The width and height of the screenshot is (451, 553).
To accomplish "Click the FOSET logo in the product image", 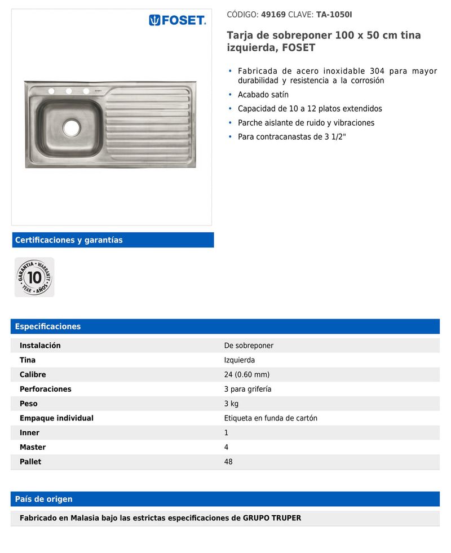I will [x=178, y=21].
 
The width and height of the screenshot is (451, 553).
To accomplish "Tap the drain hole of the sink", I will [x=72, y=128].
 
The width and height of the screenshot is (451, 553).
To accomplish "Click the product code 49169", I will [x=273, y=15].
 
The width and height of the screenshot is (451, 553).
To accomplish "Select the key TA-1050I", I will [x=334, y=15].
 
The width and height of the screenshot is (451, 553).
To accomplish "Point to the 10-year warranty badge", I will [x=34, y=277].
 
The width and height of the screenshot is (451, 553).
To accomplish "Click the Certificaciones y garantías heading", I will [x=69, y=240].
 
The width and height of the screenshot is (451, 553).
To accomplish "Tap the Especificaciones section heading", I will [x=48, y=326].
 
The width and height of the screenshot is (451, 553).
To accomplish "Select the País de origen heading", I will [x=43, y=499].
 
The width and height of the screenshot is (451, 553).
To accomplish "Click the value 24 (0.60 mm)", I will [x=247, y=375].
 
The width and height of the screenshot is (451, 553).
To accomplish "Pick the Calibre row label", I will [x=33, y=375].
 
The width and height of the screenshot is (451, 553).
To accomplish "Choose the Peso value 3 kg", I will [x=232, y=404].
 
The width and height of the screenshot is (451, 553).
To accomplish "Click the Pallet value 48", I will [x=228, y=462].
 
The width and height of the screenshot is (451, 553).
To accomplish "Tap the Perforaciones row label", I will [x=46, y=389].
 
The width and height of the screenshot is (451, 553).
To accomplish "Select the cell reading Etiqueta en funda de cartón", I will [x=271, y=418].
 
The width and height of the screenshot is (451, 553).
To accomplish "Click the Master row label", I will [x=33, y=447].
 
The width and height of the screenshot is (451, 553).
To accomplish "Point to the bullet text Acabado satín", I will [x=263, y=95].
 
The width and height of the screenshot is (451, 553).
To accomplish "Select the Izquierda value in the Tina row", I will [x=240, y=360].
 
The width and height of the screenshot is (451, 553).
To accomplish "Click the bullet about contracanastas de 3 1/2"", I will [x=291, y=137].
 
